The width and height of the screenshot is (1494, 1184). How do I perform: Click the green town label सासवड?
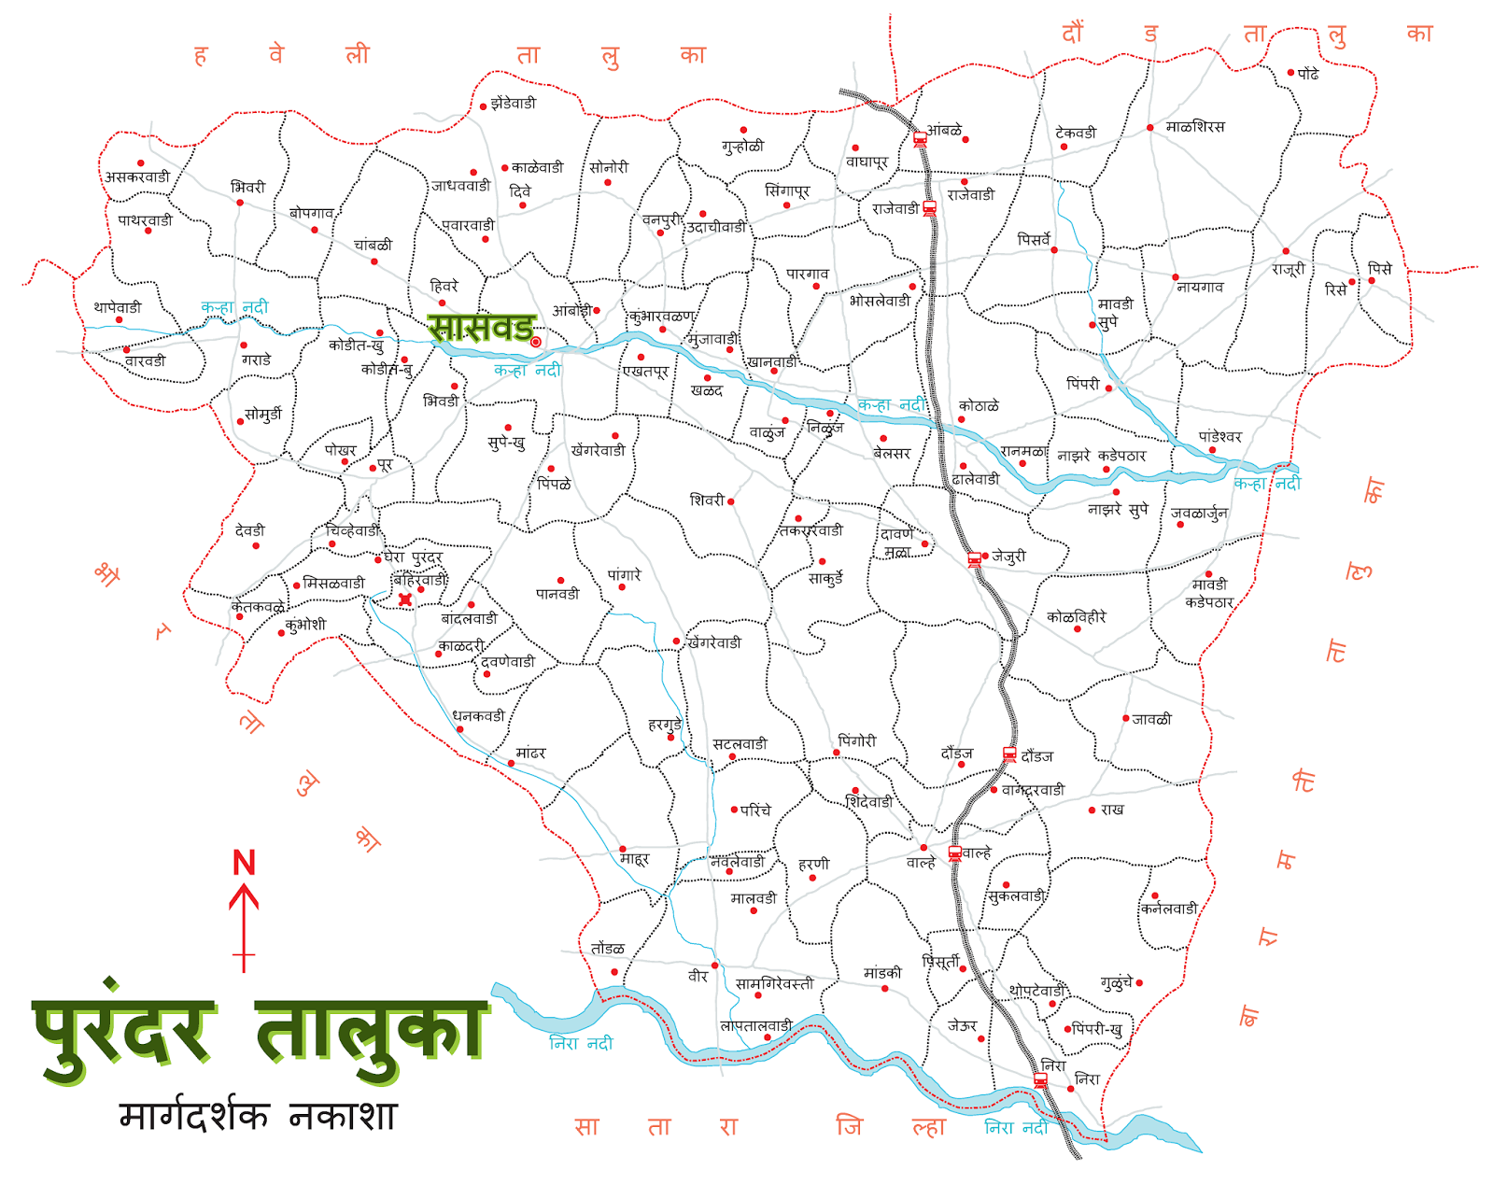(481, 328)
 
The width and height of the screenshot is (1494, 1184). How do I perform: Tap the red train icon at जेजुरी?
(974, 559)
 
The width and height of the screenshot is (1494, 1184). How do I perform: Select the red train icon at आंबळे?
(920, 139)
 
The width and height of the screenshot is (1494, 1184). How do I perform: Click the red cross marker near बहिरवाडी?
(405, 599)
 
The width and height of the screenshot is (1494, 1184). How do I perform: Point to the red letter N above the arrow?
(244, 863)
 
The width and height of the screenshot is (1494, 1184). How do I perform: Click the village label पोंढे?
(1308, 74)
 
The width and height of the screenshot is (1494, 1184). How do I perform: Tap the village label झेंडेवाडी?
(514, 104)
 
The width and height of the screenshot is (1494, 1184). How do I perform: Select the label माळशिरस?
(1194, 127)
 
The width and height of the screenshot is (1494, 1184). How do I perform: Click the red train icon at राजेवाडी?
(929, 208)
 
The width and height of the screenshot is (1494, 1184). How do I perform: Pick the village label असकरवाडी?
(137, 177)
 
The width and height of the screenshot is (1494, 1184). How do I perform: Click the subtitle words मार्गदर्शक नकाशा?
(259, 1116)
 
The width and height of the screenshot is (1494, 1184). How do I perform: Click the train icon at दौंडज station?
(1008, 754)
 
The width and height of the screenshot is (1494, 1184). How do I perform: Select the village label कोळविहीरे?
(1076, 617)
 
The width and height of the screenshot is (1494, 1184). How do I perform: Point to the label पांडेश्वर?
(1220, 437)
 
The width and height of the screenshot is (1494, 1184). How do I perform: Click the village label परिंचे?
(756, 810)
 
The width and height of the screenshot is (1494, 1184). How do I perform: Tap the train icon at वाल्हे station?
(954, 853)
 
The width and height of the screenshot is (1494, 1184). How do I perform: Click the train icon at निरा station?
(1040, 1080)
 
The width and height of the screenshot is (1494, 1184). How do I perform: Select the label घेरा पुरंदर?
(414, 557)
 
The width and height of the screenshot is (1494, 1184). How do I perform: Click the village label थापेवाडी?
(117, 307)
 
